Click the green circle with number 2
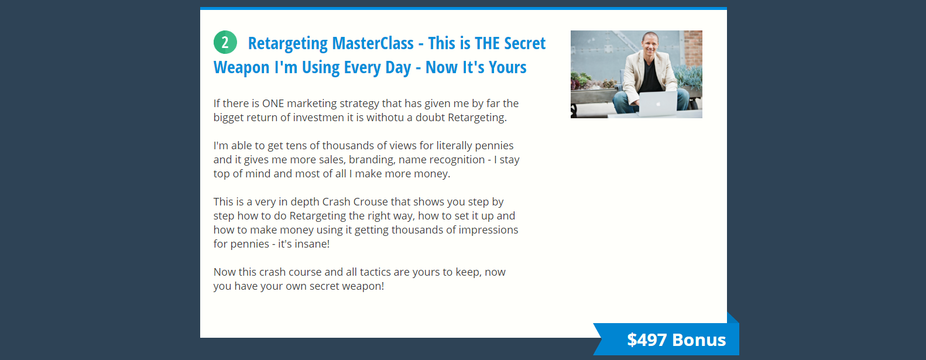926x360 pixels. tap(225, 42)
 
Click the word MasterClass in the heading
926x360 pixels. tap(372, 43)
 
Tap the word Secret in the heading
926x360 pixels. tap(524, 43)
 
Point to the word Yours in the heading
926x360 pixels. tap(507, 67)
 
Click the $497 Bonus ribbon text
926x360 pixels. tap(676, 340)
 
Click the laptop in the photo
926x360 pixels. tap(658, 104)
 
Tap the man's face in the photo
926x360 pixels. tap(650, 44)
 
